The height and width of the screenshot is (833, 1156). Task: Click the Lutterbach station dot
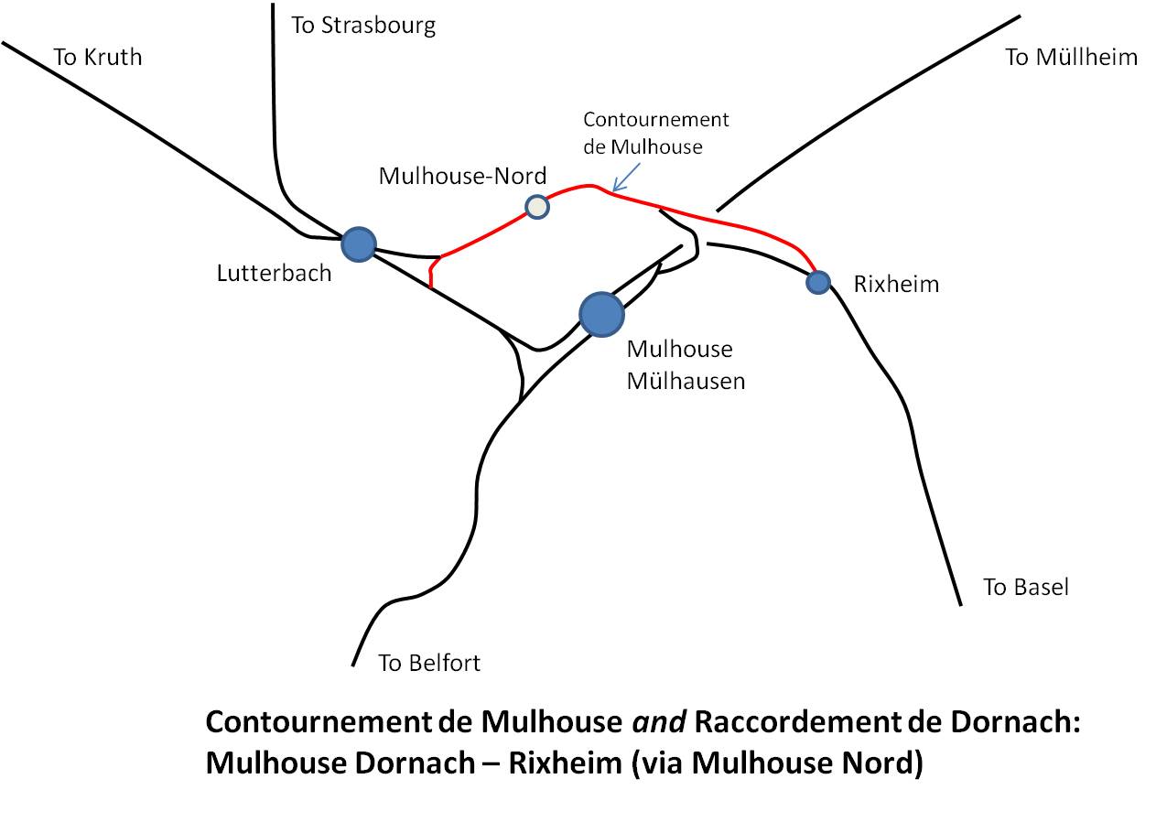click(x=359, y=244)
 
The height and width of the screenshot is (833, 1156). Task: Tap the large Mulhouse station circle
click(x=601, y=314)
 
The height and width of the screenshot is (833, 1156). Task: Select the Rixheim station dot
click(x=818, y=282)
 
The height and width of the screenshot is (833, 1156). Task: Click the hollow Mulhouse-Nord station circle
click(x=536, y=207)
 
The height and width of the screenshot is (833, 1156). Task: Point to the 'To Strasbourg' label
click(x=363, y=26)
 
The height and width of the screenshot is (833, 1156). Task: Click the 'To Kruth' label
click(x=98, y=57)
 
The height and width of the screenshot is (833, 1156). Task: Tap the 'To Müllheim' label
click(x=1072, y=57)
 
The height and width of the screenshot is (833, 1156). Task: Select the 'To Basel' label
click(x=1026, y=587)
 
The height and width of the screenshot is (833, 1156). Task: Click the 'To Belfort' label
click(x=429, y=663)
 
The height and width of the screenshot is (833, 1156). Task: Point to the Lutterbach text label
click(x=274, y=273)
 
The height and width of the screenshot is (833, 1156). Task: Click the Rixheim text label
click(x=896, y=284)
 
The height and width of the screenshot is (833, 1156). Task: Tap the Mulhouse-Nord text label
click(x=462, y=176)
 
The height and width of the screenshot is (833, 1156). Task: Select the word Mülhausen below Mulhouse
click(x=686, y=382)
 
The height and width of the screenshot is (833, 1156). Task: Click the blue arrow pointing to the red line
click(x=626, y=178)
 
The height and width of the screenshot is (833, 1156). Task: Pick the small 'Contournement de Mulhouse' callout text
click(x=656, y=133)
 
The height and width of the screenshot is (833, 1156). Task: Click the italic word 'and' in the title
click(x=659, y=721)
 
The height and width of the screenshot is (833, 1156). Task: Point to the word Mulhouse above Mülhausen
click(x=680, y=350)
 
